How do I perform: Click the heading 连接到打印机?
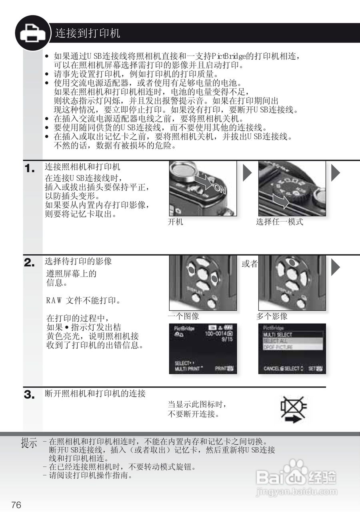point(88,33)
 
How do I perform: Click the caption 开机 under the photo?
point(175,222)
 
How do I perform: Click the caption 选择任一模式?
point(279,222)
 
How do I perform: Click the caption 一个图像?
point(183,316)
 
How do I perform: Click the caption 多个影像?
point(272,316)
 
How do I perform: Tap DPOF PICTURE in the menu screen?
point(278,347)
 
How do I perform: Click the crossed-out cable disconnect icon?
point(294,409)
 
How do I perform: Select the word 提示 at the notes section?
point(29,444)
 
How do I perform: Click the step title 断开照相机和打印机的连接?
point(95,394)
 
